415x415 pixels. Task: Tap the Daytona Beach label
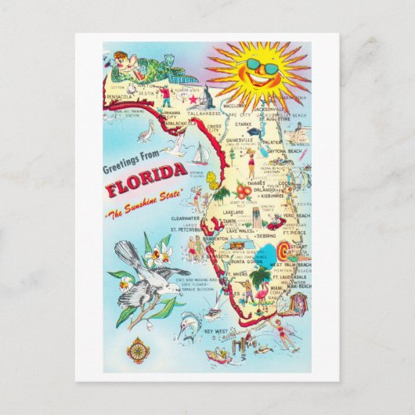point(288,150)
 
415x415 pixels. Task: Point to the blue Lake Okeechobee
point(269,251)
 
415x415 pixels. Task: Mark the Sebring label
point(264,234)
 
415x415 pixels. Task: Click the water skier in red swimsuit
point(285,337)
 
